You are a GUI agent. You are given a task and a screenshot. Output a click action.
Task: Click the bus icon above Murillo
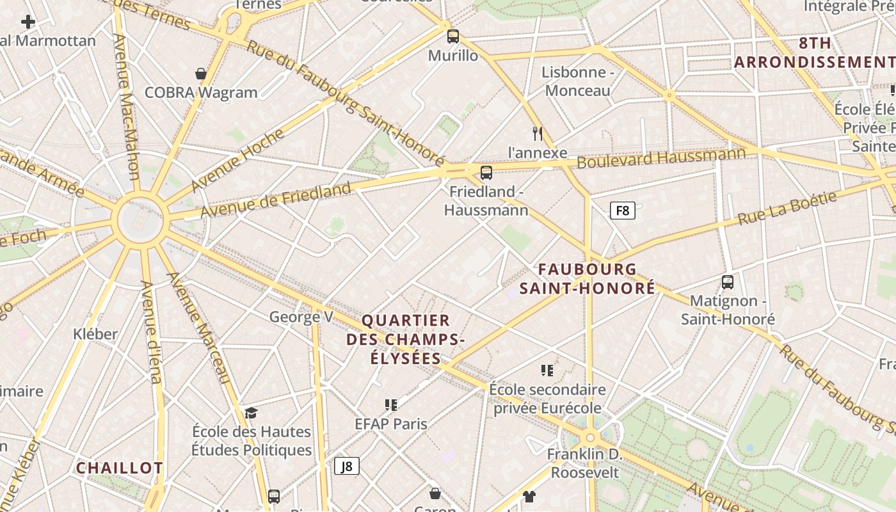(453, 36)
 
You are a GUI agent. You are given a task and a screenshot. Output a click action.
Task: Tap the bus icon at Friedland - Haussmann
(486, 172)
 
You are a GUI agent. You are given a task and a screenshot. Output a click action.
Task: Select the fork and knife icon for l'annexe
(538, 133)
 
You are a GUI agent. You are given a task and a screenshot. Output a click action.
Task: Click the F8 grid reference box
(622, 211)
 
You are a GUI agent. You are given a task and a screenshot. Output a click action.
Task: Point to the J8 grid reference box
(346, 466)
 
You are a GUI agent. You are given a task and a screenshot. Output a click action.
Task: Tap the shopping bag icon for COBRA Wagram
(201, 74)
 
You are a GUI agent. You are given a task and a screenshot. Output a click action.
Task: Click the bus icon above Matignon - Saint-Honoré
(727, 282)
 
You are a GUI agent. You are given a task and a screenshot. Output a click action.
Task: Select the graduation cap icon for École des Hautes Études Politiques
(251, 413)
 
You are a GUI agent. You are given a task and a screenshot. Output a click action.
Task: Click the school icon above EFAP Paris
(391, 404)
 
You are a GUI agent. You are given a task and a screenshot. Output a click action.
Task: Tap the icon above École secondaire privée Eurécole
(547, 370)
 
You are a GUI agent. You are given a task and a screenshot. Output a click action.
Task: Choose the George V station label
(301, 317)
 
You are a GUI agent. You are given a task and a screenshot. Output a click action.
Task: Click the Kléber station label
(95, 333)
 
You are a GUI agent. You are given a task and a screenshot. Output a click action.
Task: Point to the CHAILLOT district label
(120, 468)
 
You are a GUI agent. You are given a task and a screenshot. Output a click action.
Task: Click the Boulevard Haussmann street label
(661, 157)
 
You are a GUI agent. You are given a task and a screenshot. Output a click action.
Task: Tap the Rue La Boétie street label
(787, 208)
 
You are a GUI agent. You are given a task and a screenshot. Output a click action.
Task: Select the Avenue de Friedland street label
(276, 199)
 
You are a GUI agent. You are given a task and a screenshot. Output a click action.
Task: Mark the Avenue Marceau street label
(198, 327)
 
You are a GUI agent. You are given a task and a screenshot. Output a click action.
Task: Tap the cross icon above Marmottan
(28, 22)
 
